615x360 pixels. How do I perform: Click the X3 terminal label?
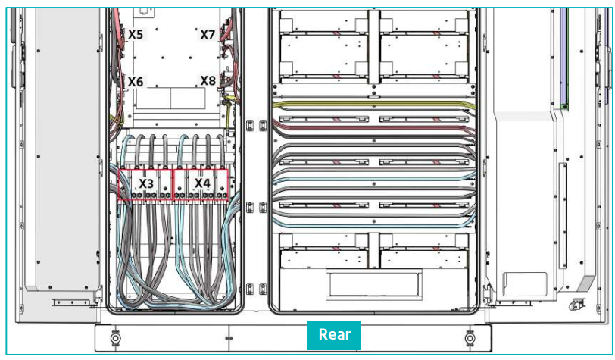click(146, 183)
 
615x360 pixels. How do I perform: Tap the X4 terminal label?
click(202, 183)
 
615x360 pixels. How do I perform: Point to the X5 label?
click(136, 35)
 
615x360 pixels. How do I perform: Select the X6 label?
click(136, 82)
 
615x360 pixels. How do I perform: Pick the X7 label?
click(208, 35)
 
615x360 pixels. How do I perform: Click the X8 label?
click(208, 80)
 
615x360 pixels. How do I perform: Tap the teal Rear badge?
click(334, 335)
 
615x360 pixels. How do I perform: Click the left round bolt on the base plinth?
click(115, 337)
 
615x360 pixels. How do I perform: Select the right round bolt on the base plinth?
click(470, 337)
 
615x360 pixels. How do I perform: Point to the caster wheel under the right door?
click(576, 304)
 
